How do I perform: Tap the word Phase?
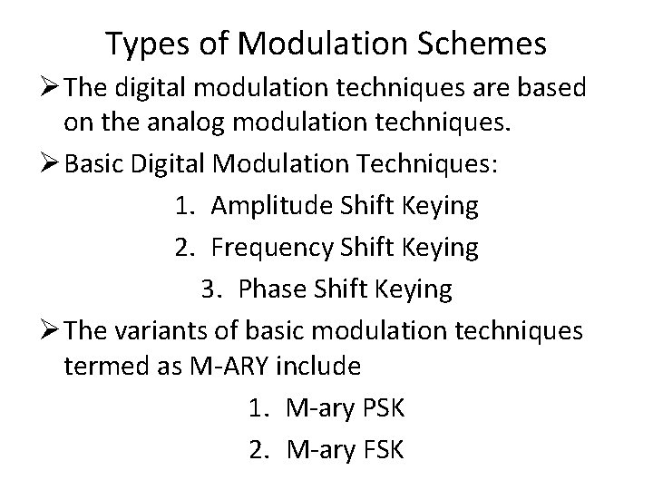pos(272,288)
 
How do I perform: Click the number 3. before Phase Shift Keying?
pos(212,288)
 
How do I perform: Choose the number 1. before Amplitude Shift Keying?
pos(183,206)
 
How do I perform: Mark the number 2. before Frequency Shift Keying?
pos(183,247)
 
